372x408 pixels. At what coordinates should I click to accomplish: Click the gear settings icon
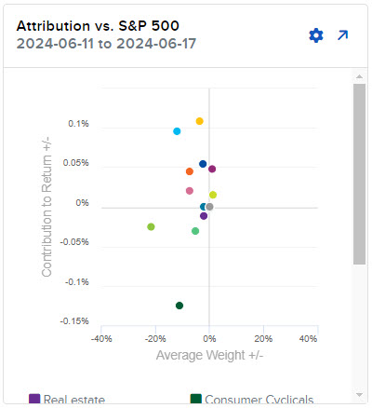pos(315,35)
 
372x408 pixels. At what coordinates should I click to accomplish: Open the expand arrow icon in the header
pos(342,35)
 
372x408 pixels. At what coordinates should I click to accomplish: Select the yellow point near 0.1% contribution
pos(199,121)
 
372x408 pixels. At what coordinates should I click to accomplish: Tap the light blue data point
pos(177,131)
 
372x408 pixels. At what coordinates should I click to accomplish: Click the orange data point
pos(190,171)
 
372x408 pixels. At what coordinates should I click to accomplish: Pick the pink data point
pos(190,191)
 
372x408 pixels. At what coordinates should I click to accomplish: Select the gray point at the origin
pos(209,207)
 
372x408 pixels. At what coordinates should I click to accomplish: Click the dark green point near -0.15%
pos(179,306)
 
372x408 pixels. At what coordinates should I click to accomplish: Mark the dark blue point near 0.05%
pos(203,164)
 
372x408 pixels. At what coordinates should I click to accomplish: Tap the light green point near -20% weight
pos(151,226)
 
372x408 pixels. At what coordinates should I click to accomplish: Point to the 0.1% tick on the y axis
pos(78,124)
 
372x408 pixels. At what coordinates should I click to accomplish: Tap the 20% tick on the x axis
pos(263,339)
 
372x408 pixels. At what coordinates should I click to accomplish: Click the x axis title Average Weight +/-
pos(209,355)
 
